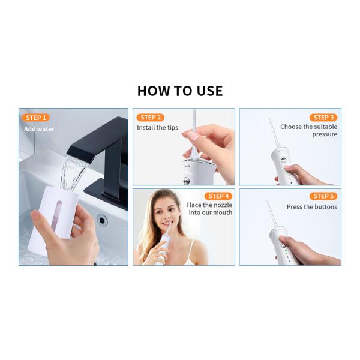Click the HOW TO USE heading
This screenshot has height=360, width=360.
[180, 91]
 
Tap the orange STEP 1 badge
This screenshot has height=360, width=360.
[35, 118]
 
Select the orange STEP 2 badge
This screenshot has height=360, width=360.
[150, 118]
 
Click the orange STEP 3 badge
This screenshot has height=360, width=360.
[323, 118]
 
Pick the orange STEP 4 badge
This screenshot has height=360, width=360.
[218, 196]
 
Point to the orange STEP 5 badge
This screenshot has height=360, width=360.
[323, 196]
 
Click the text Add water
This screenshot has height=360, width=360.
[39, 128]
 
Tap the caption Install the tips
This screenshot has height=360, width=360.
[157, 128]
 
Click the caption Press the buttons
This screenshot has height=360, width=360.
[312, 207]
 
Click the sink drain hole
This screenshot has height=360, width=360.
[102, 220]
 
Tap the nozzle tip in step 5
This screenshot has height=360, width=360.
[270, 204]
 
